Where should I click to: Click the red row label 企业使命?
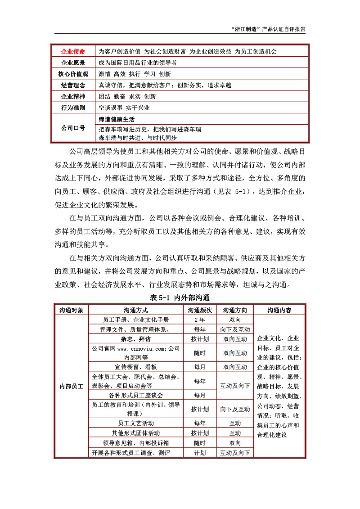coord(72,51)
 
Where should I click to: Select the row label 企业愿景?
coord(72,63)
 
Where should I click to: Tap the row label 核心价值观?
coord(72,74)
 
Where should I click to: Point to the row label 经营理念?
coord(72,85)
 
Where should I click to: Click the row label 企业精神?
coord(72,96)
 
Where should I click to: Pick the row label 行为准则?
coord(72,108)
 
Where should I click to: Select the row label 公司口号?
coord(72,128)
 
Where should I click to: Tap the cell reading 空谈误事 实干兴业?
coord(124,108)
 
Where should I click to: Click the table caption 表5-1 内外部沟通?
coord(180,297)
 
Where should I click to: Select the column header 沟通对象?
coord(71,310)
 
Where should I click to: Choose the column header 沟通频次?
coord(200,310)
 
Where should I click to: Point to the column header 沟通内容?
coord(279,310)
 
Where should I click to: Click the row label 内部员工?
coord(71,386)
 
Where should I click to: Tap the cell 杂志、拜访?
coord(135,338)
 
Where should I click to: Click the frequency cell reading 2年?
coord(200,320)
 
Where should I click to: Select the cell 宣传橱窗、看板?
coord(135,367)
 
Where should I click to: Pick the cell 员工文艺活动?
coord(135,423)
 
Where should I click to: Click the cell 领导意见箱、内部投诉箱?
coord(135,443)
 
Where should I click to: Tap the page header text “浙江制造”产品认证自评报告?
coord(267,28)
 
